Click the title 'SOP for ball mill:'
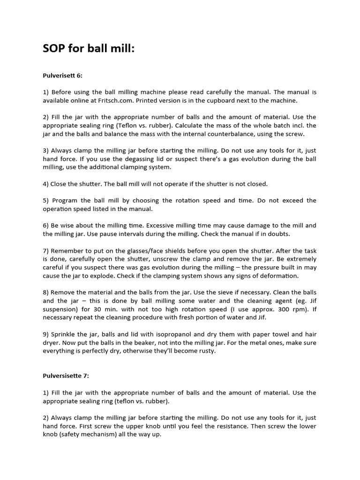(89, 48)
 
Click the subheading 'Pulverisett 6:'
(63, 75)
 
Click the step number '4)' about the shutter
(46, 184)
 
